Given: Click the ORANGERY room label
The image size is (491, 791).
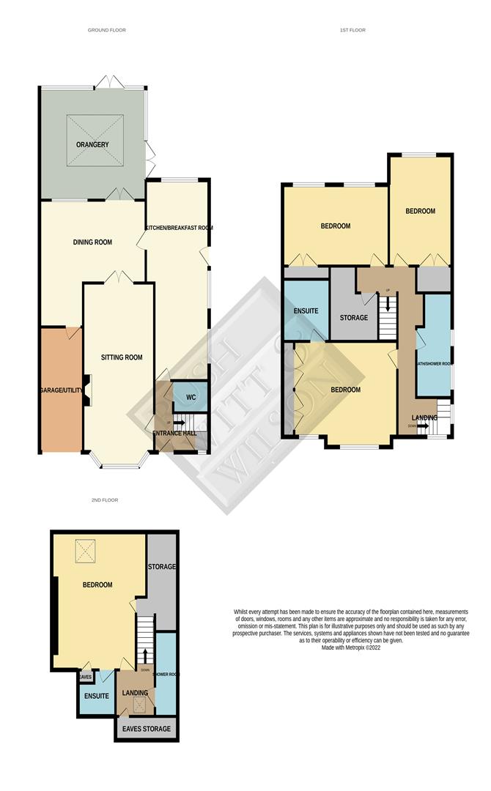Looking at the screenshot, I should tap(92, 145).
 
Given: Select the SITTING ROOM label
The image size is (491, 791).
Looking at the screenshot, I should tap(122, 357).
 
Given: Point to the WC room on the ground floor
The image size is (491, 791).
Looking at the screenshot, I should tap(191, 397).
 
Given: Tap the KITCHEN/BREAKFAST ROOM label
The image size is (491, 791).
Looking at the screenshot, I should tap(179, 228).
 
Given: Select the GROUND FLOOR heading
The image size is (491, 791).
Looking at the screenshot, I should tap(106, 30).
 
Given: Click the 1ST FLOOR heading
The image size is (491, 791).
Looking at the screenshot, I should tap(352, 30).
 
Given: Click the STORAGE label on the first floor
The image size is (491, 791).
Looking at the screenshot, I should tap(353, 318).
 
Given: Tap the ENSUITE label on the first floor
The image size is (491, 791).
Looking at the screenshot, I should tap(306, 311).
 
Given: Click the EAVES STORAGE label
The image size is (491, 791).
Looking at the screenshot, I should tap(147, 729).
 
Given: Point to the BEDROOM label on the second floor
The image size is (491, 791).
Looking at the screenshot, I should tap(97, 584).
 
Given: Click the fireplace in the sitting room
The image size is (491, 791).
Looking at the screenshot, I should tap(87, 389).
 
